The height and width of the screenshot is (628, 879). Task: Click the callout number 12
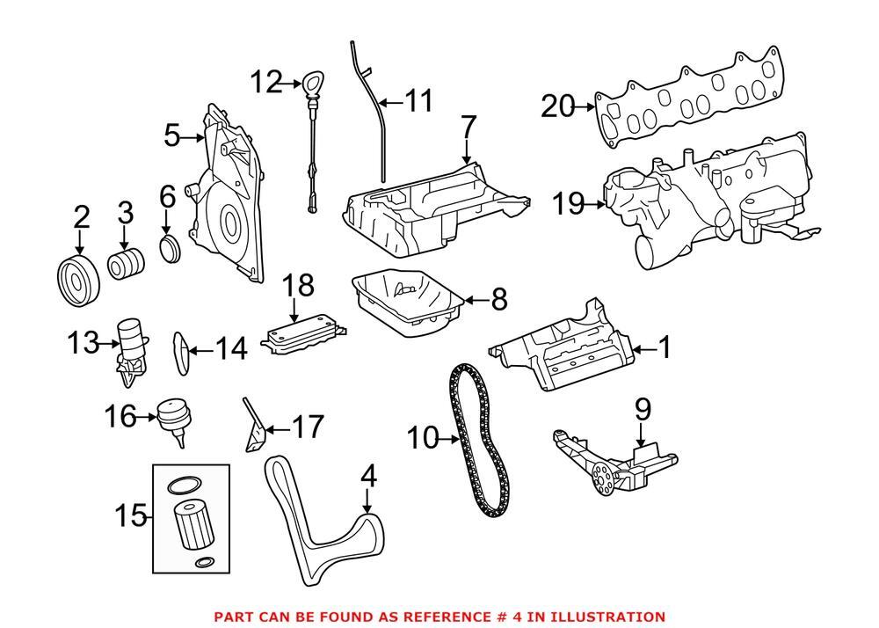(266, 83)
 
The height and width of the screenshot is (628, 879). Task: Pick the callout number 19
(569, 204)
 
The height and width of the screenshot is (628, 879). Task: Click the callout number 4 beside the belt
(368, 477)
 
